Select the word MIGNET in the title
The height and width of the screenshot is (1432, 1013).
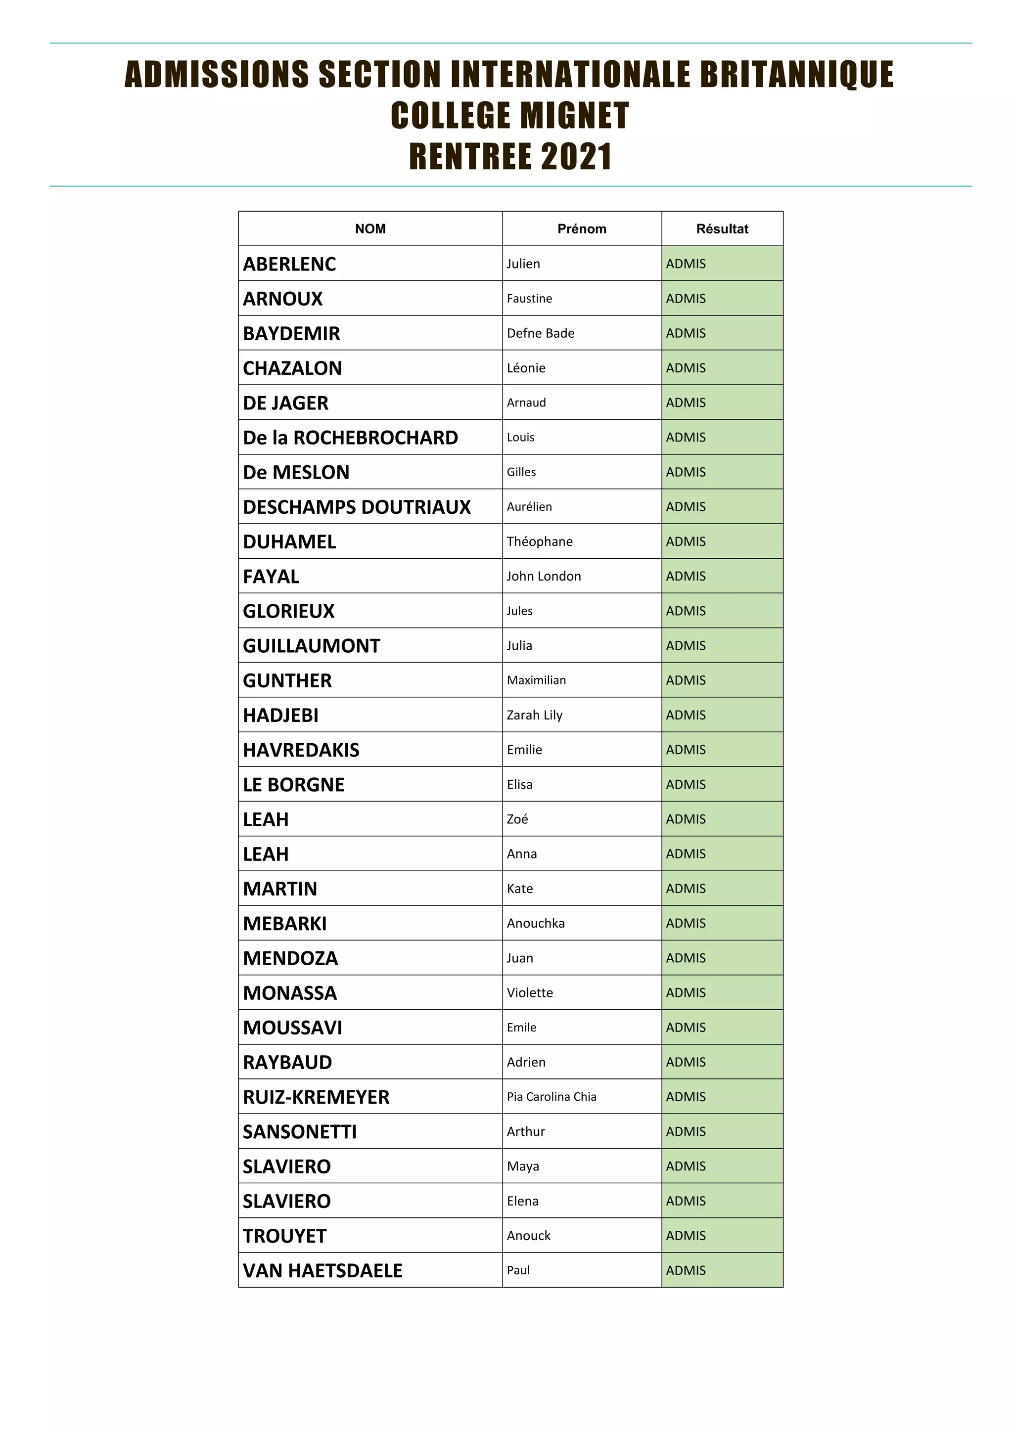pyautogui.click(x=574, y=116)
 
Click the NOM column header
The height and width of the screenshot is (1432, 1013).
pyautogui.click(x=370, y=229)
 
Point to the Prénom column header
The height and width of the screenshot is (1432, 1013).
pyautogui.click(x=581, y=229)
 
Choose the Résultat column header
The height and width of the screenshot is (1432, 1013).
pyautogui.click(x=722, y=229)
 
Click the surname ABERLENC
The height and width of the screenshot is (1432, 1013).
pyautogui.click(x=289, y=265)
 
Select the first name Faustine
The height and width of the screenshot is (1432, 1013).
pyautogui.click(x=529, y=299)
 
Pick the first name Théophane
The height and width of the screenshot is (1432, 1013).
pyautogui.click(x=540, y=541)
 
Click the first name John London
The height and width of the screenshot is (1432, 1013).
pyautogui.click(x=543, y=576)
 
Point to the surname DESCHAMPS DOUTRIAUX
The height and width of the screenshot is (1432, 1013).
pyautogui.click(x=357, y=507)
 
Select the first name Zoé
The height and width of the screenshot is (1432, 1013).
pyautogui.click(x=517, y=819)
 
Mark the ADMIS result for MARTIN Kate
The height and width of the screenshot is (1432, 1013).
pyautogui.click(x=686, y=889)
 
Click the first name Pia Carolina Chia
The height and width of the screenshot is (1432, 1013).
pyautogui.click(x=552, y=1096)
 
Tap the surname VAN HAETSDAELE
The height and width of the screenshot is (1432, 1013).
pyautogui.click(x=322, y=1270)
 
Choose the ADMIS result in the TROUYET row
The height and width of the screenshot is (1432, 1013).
pyautogui.click(x=686, y=1236)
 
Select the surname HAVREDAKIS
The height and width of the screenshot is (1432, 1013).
pyautogui.click(x=301, y=750)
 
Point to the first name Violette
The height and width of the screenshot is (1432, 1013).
pyautogui.click(x=530, y=993)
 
